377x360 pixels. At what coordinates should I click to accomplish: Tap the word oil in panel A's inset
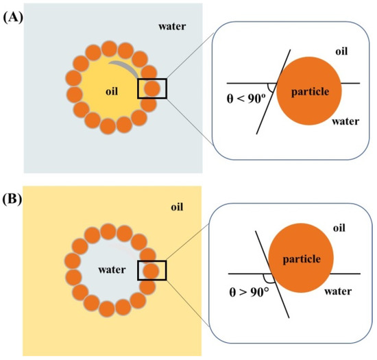(x=345, y=51)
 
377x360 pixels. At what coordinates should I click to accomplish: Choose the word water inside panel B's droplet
(x=110, y=269)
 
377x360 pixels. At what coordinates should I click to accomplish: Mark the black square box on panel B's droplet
(x=151, y=269)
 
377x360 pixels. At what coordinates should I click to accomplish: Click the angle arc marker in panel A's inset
(x=271, y=88)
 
